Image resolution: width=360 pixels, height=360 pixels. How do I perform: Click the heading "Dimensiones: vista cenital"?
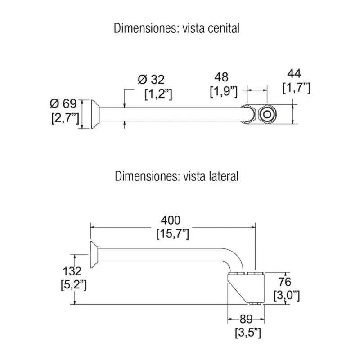pyautogui.click(x=176, y=29)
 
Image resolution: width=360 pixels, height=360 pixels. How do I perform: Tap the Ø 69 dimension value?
pyautogui.click(x=63, y=104)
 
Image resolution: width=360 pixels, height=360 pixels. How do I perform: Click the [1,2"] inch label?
pyautogui.click(x=158, y=94)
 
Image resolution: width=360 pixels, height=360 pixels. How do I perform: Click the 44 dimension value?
pyautogui.click(x=295, y=73)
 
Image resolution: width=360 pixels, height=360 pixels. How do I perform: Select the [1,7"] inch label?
pyautogui.click(x=297, y=88)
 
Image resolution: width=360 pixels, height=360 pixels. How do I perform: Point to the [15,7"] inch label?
pyautogui.click(x=172, y=234)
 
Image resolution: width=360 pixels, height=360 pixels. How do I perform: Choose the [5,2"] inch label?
pyautogui.click(x=73, y=285)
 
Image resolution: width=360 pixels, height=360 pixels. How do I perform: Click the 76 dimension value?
pyautogui.click(x=285, y=282)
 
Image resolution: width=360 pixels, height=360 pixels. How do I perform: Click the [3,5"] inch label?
pyautogui.click(x=248, y=333)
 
